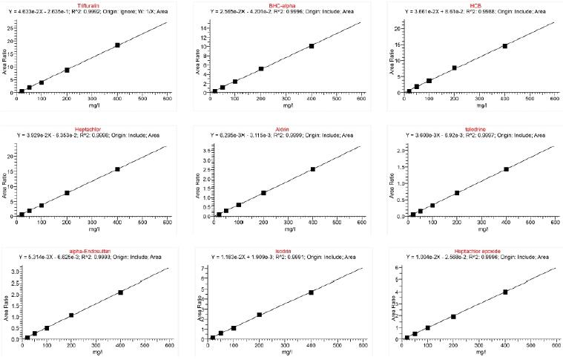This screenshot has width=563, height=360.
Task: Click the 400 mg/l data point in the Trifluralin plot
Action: coord(117,45)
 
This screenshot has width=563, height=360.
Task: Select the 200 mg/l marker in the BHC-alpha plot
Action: coord(261,69)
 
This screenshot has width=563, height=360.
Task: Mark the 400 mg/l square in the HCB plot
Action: coord(505,46)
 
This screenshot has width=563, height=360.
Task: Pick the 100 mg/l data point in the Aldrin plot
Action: coord(238,205)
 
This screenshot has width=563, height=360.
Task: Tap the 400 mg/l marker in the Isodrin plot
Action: coord(311,292)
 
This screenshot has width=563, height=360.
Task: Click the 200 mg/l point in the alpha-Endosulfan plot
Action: coord(71,315)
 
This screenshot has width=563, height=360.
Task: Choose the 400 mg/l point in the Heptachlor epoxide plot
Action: coord(505,292)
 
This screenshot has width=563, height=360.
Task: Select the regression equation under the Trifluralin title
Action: coord(89,13)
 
